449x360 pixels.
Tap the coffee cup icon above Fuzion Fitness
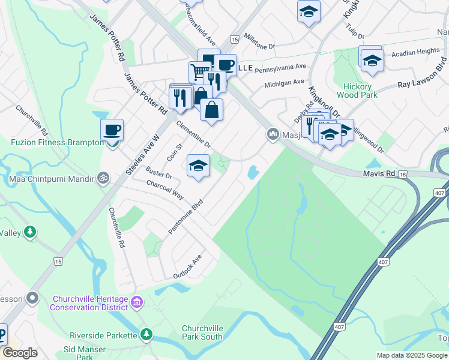click(112, 130)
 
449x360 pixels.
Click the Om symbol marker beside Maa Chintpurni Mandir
click(103, 178)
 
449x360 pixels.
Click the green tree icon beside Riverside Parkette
click(146, 335)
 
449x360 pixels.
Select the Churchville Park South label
click(203, 332)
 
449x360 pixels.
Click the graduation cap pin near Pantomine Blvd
click(198, 166)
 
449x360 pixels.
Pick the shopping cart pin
click(199, 71)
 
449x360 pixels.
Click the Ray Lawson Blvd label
click(423, 73)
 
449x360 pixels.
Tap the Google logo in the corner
click(20, 353)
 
